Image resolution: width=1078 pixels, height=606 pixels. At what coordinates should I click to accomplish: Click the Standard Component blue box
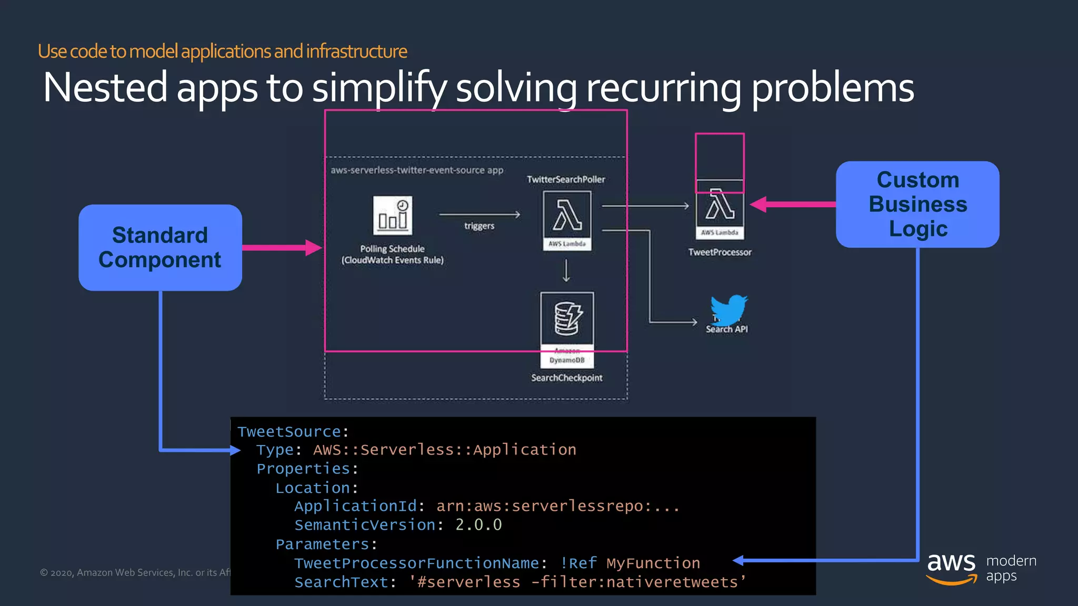pyautogui.click(x=160, y=247)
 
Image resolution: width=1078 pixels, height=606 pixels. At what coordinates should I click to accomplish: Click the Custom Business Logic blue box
pyautogui.click(x=917, y=204)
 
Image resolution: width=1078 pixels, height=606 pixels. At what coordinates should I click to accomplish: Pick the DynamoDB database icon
pyautogui.click(x=567, y=318)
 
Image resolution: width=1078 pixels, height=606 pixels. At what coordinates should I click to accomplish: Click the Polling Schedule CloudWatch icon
pyautogui.click(x=393, y=216)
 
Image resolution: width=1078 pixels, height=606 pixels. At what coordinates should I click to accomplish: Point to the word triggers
pyautogui.click(x=479, y=226)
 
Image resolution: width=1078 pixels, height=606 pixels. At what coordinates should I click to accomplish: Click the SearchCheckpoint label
pyautogui.click(x=566, y=378)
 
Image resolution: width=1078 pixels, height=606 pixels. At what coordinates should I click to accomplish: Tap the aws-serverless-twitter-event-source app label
pyautogui.click(x=417, y=170)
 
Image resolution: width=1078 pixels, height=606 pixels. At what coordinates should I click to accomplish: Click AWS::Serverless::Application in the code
pyautogui.click(x=444, y=450)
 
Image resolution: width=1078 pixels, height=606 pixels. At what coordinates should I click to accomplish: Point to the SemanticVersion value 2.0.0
pyautogui.click(x=478, y=525)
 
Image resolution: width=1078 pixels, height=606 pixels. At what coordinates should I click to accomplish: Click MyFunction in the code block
pyautogui.click(x=653, y=563)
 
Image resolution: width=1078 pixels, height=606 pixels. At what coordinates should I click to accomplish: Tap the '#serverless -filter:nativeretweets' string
pyautogui.click(x=577, y=582)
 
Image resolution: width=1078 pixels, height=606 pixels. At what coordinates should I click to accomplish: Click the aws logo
pyautogui.click(x=951, y=567)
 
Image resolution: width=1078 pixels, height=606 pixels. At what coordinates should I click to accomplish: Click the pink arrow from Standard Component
pyautogui.click(x=282, y=247)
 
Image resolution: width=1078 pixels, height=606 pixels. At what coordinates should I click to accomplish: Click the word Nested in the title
pyautogui.click(x=105, y=87)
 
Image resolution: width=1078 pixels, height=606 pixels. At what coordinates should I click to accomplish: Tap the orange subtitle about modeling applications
pyautogui.click(x=222, y=52)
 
